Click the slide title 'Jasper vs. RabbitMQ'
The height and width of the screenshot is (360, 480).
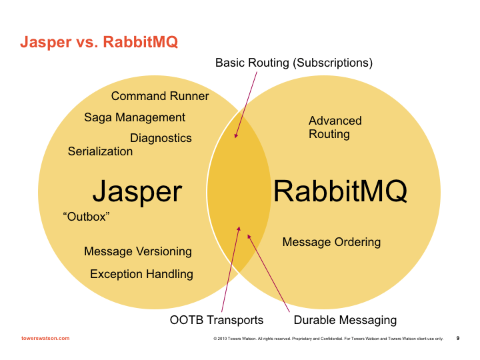pyautogui.click(x=99, y=43)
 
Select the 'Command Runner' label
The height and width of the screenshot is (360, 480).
pyautogui.click(x=160, y=96)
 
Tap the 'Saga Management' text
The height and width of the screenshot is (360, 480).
pyautogui.click(x=135, y=117)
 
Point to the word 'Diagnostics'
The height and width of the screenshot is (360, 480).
pyautogui.click(x=161, y=138)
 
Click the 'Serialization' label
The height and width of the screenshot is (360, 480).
pyautogui.click(x=100, y=151)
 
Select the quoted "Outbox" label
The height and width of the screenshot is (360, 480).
pyautogui.click(x=85, y=217)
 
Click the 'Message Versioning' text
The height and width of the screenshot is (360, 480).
pyautogui.click(x=138, y=251)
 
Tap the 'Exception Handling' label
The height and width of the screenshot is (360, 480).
pyautogui.click(x=141, y=274)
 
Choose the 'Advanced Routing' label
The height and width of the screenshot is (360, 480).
pyautogui.click(x=335, y=127)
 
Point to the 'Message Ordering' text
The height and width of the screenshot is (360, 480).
pyautogui.click(x=331, y=242)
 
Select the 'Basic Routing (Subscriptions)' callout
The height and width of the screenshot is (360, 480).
pyautogui.click(x=293, y=63)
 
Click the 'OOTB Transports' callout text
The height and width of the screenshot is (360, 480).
pyautogui.click(x=217, y=320)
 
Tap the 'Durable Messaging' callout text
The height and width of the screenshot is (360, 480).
pyautogui.click(x=345, y=320)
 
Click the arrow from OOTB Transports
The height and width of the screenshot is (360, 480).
pyautogui.click(x=234, y=270)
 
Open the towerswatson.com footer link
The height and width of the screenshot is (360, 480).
pyautogui.click(x=45, y=338)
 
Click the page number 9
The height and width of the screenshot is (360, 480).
pyautogui.click(x=458, y=338)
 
